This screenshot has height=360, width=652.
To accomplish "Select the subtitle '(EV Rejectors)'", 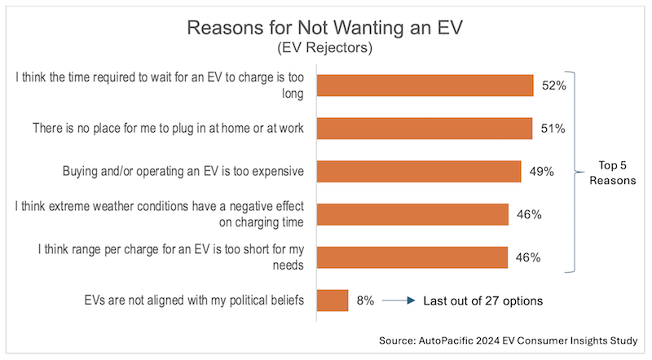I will tap(325, 49).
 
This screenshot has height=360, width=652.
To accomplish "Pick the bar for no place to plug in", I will tap(424, 129).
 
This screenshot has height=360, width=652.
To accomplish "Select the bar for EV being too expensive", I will tap(418, 171).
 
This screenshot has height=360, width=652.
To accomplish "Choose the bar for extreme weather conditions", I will tap(412, 214).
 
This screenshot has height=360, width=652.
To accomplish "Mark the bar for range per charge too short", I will tap(412, 257).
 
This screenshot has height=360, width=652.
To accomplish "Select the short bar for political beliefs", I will tap(332, 300).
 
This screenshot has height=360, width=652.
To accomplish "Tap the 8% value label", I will tap(365, 301).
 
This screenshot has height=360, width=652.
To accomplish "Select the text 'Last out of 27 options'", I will tap(483, 301).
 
